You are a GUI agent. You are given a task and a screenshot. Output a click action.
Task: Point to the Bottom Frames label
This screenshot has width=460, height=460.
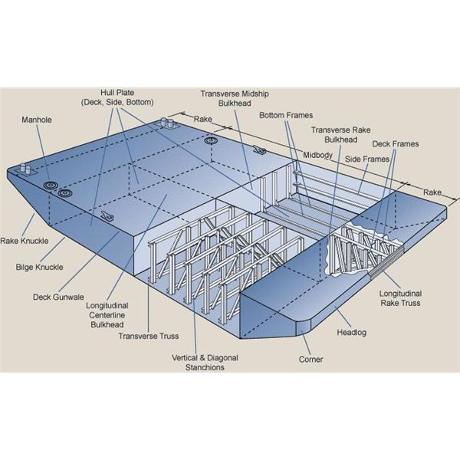coord(284,115)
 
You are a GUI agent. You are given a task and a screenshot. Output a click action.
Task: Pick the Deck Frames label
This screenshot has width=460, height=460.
coord(394,143)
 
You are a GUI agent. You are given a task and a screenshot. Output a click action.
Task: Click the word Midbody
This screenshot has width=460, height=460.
coord(317,153)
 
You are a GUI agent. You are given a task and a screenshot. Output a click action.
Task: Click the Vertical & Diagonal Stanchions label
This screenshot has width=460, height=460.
coord(197,363)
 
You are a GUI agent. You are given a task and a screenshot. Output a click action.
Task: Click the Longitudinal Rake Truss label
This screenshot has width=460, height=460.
coord(403,297)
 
